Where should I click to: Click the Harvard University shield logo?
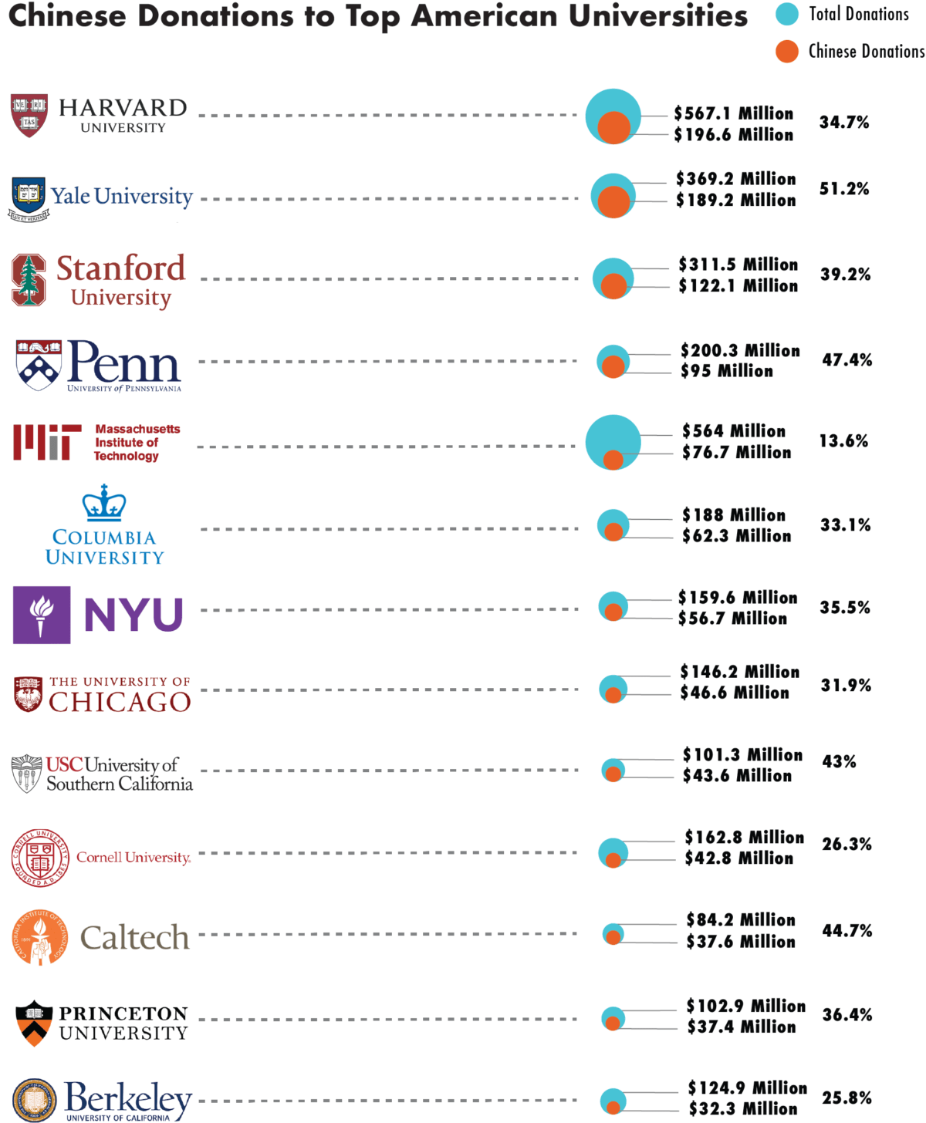tap(29, 115)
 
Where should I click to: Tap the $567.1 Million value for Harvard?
tap(733, 113)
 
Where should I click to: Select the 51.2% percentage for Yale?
tap(843, 189)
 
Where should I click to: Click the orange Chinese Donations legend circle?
tap(786, 52)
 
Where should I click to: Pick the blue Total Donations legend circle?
tap(786, 14)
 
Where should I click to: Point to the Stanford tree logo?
tap(29, 279)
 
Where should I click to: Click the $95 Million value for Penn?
tap(726, 371)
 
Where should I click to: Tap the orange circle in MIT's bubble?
tap(613, 460)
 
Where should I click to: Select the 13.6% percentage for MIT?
tap(843, 441)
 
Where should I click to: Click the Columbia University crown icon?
tap(104, 503)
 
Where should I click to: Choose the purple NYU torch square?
tap(42, 615)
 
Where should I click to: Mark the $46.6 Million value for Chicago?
tap(735, 693)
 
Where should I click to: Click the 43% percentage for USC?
tap(839, 762)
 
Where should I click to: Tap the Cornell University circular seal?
tap(40, 858)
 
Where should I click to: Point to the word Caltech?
tap(134, 937)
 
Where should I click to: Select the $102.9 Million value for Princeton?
tap(745, 1006)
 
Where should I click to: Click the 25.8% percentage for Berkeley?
tap(847, 1098)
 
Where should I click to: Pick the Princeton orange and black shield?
tap(34, 1023)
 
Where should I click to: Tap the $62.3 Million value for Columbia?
tap(736, 536)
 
